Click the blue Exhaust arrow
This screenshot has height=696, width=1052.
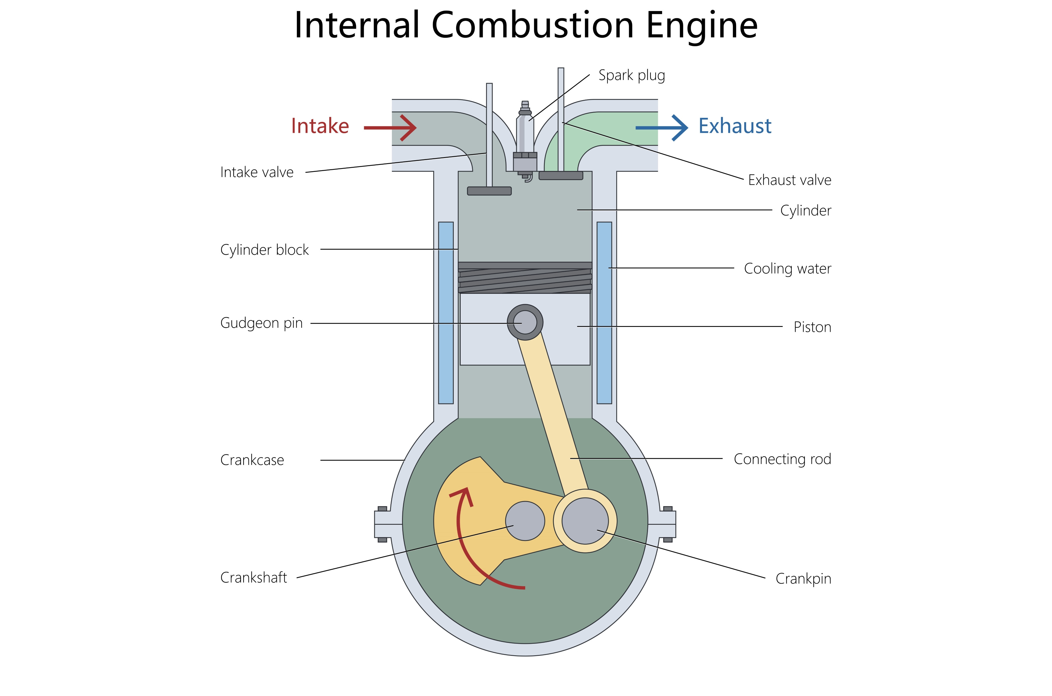point(662,128)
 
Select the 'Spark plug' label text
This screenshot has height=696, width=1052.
point(631,75)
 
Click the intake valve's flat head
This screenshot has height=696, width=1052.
point(489,191)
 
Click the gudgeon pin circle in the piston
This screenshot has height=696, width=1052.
point(525,322)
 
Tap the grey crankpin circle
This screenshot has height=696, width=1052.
point(585,521)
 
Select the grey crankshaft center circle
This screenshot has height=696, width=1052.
point(525,521)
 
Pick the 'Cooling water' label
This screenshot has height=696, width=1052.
point(787,269)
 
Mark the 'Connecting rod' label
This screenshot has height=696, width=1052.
point(782,459)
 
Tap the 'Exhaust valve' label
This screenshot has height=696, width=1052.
point(790,180)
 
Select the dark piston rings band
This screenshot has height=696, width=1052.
point(525,278)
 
